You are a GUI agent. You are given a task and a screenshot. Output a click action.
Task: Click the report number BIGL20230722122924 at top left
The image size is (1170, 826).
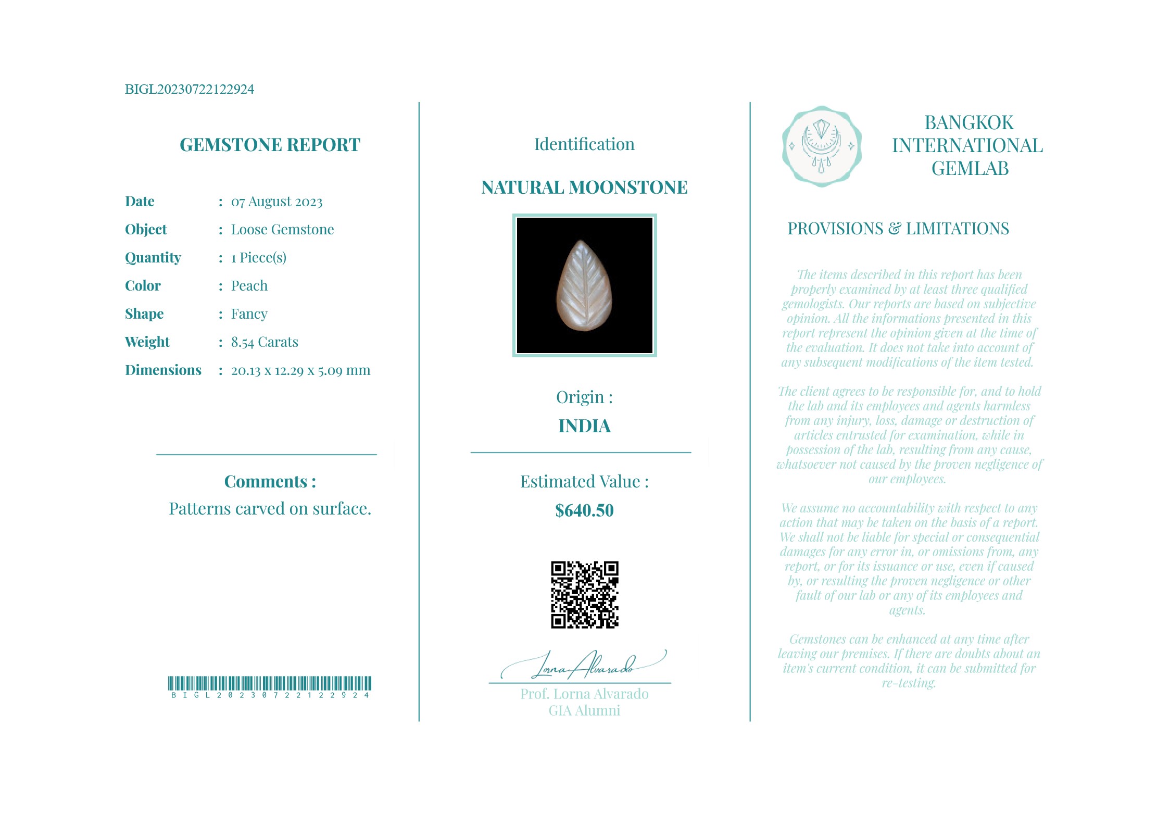pyautogui.click(x=190, y=89)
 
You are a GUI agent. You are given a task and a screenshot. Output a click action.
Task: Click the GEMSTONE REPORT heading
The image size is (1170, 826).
pyautogui.click(x=270, y=145)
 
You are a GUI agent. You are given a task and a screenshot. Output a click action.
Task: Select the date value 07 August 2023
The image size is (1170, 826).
pyautogui.click(x=276, y=202)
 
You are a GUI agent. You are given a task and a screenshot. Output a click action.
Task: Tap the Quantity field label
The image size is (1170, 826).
pyautogui.click(x=153, y=258)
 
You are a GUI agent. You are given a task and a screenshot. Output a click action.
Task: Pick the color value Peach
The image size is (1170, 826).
pyautogui.click(x=249, y=286)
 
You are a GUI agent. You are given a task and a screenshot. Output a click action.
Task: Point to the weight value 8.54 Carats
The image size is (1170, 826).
pyautogui.click(x=265, y=342)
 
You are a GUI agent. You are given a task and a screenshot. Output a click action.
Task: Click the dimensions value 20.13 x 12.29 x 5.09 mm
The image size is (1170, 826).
pyautogui.click(x=300, y=370)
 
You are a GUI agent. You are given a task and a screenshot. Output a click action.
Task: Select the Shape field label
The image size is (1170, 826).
pyautogui.click(x=144, y=314)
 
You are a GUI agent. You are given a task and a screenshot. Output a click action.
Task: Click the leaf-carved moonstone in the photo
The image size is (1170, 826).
pyautogui.click(x=584, y=285)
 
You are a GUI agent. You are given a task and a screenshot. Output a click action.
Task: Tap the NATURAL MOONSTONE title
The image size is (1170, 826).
pyautogui.click(x=584, y=187)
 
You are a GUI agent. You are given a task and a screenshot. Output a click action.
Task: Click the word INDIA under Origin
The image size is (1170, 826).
pyautogui.click(x=584, y=426)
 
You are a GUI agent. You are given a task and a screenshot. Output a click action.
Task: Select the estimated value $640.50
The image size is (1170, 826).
pyautogui.click(x=584, y=510)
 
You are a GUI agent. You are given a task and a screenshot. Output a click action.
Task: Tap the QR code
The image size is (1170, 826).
pyautogui.click(x=584, y=594)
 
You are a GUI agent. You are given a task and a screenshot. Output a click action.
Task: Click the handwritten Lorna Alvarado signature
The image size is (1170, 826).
pyautogui.click(x=583, y=666)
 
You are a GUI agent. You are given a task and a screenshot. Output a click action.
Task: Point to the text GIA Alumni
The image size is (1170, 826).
pyautogui.click(x=584, y=711)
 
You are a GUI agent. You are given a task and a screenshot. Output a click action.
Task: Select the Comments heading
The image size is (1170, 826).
pyautogui.click(x=270, y=482)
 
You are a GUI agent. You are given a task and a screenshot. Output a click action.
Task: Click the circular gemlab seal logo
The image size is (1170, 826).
pyautogui.click(x=821, y=146)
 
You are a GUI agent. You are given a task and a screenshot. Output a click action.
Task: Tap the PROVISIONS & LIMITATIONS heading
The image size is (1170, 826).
pyautogui.click(x=898, y=229)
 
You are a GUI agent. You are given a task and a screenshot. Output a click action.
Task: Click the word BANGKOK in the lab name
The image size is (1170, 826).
pyautogui.click(x=968, y=123)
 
